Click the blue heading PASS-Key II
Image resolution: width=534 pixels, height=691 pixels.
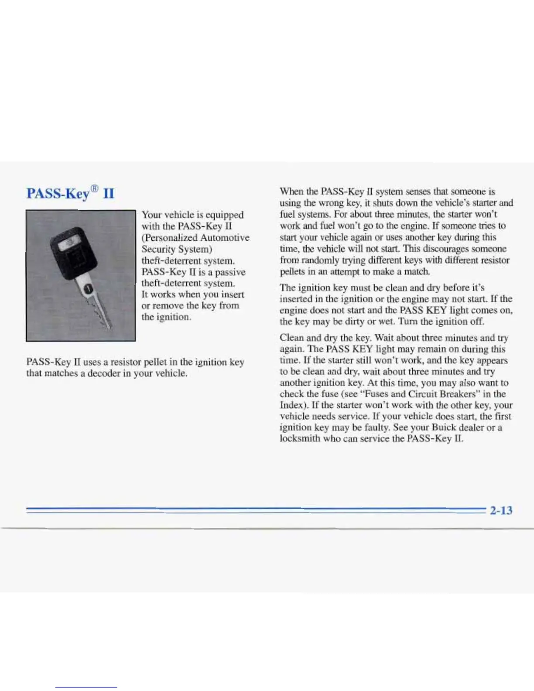[70, 193]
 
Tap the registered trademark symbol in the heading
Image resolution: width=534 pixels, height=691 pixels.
[95, 189]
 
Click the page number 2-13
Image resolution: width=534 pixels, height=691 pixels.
[501, 510]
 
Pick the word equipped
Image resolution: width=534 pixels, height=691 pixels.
[224, 215]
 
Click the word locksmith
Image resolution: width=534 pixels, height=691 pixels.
[300, 439]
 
